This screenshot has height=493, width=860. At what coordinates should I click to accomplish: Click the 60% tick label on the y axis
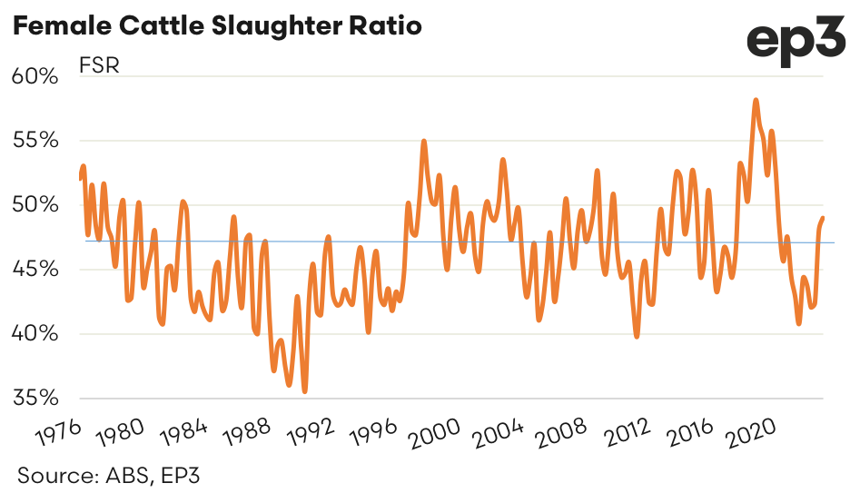coord(35,76)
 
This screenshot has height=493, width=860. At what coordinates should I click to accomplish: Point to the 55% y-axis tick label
coord(35,141)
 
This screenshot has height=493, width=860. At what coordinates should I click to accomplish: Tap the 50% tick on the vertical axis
coord(35,205)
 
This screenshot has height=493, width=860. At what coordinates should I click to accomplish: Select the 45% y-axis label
coord(35,270)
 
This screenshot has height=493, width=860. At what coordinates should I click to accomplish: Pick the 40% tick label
coord(35,334)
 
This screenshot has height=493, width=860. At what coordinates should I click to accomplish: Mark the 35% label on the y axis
coord(35,398)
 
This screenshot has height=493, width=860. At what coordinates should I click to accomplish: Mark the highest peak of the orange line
coord(756,100)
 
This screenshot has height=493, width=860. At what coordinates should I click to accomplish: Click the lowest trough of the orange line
coord(304,391)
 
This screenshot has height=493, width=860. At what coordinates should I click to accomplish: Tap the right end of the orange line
coord(823,218)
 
